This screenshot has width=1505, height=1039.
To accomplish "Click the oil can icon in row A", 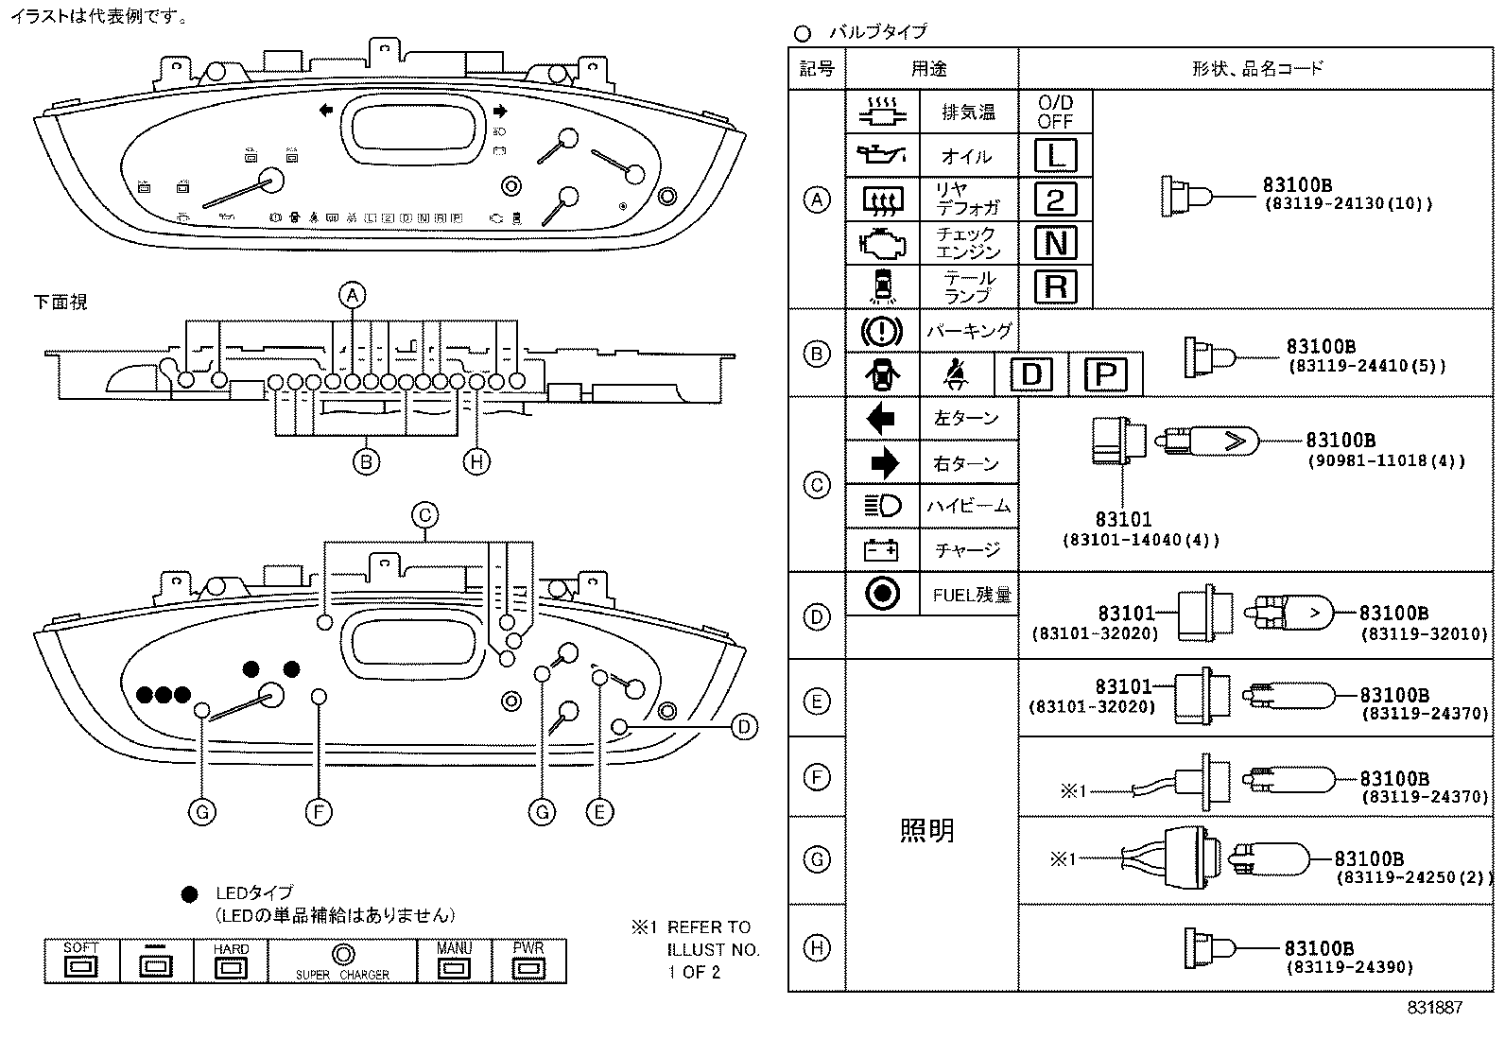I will pyautogui.click(x=881, y=154).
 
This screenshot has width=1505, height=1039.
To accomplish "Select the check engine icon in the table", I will pyautogui.click(x=881, y=243).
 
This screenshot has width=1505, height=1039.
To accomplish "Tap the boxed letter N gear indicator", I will pyautogui.click(x=1055, y=243).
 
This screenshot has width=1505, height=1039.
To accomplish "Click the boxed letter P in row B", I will pyautogui.click(x=1104, y=375).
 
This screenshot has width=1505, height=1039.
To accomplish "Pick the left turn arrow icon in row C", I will pyautogui.click(x=881, y=418).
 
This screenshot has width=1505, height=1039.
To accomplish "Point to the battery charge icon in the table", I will pyautogui.click(x=881, y=549).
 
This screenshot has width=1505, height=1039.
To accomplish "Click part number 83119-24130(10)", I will pyautogui.click(x=1348, y=203).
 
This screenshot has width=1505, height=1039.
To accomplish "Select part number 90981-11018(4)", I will pyautogui.click(x=1386, y=461).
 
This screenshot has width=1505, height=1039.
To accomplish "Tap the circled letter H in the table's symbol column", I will pyautogui.click(x=816, y=947).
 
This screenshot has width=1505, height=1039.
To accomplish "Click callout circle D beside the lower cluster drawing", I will pyautogui.click(x=744, y=726).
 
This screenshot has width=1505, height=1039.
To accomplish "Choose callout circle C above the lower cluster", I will pyautogui.click(x=424, y=515).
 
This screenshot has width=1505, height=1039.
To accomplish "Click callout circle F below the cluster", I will pyautogui.click(x=319, y=811).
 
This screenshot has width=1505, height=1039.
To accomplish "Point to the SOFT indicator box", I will pyautogui.click(x=80, y=961).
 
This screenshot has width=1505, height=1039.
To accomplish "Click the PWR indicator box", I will pyautogui.click(x=528, y=961).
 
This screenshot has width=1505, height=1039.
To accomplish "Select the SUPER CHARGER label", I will pyautogui.click(x=342, y=975).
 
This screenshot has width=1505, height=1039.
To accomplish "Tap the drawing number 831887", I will pyautogui.click(x=1434, y=1008).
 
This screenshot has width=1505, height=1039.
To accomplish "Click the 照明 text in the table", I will pyautogui.click(x=926, y=830).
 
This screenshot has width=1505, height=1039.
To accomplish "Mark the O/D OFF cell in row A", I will pyautogui.click(x=1055, y=112).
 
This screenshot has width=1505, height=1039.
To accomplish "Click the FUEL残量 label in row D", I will pyautogui.click(x=971, y=595).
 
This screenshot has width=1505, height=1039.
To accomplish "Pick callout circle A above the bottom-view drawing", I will pyautogui.click(x=352, y=295).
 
